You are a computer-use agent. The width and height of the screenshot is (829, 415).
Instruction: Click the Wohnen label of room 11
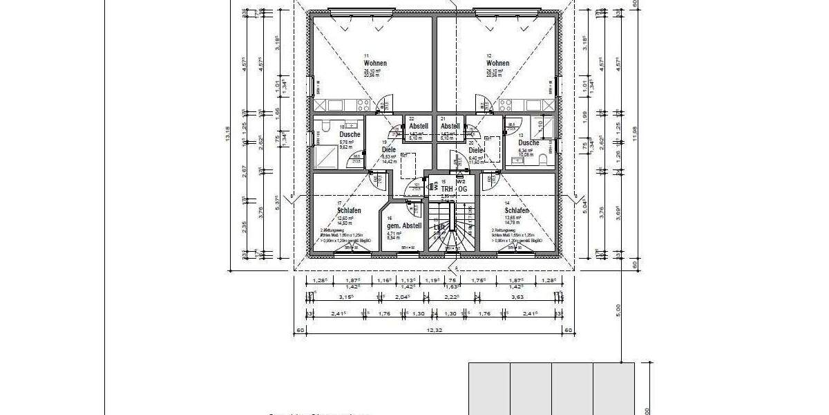(375, 63)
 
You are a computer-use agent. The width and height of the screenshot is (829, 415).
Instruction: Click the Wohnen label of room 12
(497, 63)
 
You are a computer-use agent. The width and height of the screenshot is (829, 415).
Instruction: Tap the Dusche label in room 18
(340, 135)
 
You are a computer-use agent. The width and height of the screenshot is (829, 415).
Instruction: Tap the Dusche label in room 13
(529, 142)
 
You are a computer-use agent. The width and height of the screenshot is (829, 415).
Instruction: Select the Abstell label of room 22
(419, 127)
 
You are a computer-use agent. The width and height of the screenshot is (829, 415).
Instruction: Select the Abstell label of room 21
(450, 127)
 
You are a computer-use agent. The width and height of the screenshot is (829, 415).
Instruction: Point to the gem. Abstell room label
(404, 226)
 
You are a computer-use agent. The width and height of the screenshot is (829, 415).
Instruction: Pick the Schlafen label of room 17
(350, 210)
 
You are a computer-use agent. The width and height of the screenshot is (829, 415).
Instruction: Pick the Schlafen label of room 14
(517, 210)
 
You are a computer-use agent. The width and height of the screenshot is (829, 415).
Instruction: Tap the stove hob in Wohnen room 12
(506, 105)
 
